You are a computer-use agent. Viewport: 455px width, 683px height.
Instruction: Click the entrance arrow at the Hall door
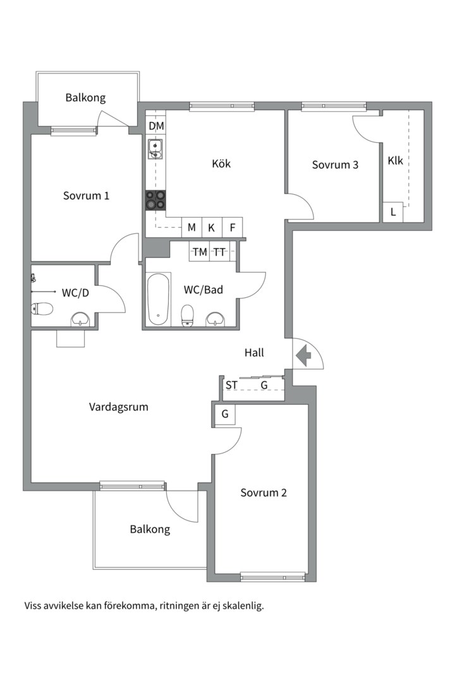303,355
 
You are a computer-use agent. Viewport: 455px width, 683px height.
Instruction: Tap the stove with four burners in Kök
155,200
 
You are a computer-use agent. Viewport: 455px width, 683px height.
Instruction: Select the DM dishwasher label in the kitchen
156,126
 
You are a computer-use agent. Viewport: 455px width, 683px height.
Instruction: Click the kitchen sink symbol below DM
155,149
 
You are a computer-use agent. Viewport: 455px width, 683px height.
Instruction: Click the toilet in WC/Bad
187,315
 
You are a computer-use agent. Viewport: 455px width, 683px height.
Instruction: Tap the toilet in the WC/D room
42,309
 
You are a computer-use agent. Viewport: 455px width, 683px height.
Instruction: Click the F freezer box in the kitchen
233,228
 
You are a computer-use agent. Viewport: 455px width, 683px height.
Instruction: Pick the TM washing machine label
200,252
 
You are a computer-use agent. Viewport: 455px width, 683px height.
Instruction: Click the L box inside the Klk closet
393,212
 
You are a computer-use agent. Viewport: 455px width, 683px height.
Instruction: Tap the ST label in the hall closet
232,385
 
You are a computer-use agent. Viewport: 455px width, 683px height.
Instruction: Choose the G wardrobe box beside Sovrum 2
225,414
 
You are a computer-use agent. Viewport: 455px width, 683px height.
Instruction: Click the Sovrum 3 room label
336,164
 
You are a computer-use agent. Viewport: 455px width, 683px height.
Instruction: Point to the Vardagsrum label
118,407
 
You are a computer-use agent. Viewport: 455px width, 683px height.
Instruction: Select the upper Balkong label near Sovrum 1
85,97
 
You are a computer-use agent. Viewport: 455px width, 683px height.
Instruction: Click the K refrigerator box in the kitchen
212,228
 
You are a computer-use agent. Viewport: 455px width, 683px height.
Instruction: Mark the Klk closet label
396,161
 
